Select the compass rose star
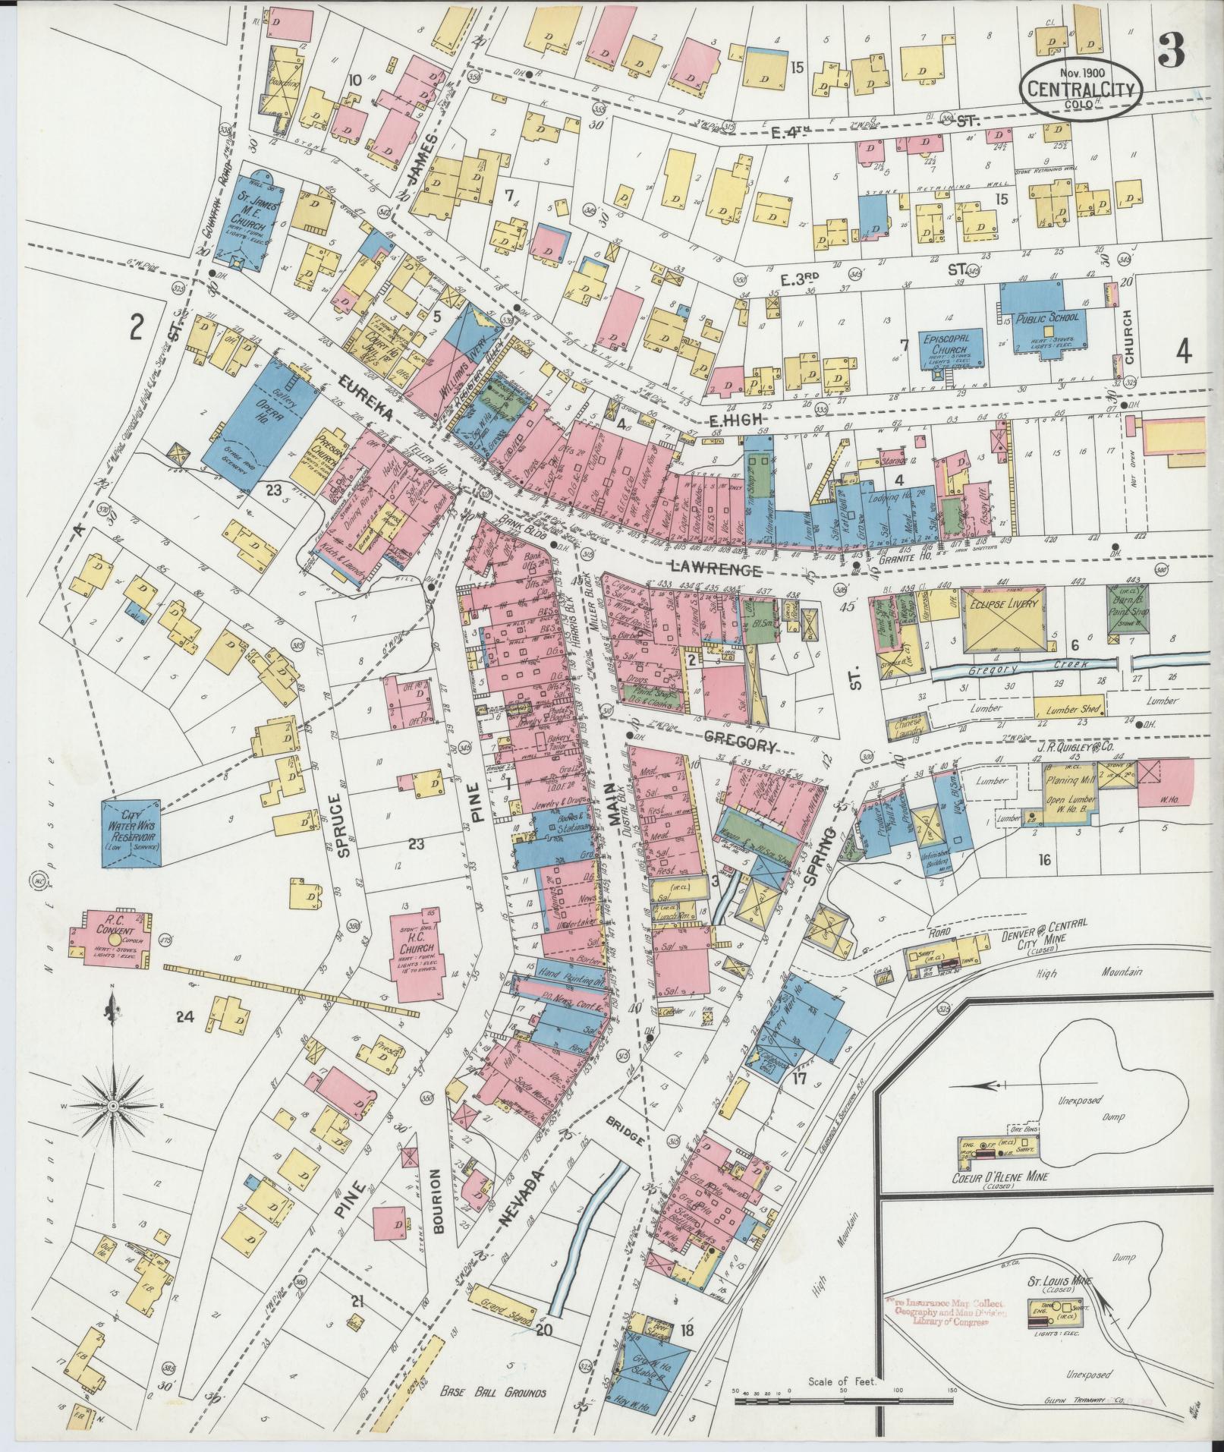click(x=112, y=1108)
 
